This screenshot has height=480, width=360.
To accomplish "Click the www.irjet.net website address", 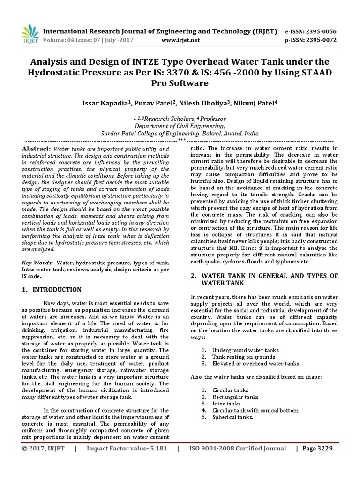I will [180, 40].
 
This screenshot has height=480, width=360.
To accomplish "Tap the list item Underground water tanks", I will [245, 350].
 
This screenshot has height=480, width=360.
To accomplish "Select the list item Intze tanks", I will [226, 404].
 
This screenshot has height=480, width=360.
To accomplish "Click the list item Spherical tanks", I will [232, 417].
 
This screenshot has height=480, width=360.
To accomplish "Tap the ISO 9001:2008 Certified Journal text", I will [237, 449].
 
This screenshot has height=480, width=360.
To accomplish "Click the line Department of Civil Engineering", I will [180, 126].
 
